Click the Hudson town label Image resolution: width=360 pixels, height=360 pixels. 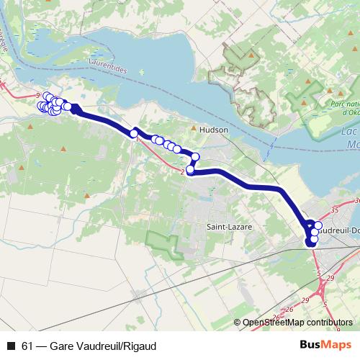(x=214, y=130)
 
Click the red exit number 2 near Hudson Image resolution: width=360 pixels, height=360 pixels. (x=183, y=172)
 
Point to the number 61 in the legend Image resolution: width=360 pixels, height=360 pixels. (x=27, y=346)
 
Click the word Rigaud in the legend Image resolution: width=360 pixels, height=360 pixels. (x=140, y=346)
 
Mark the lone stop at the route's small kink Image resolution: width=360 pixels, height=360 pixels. (x=134, y=133)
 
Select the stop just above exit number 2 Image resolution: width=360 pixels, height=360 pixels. (x=191, y=170)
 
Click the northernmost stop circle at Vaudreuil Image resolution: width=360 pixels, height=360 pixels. (x=318, y=225)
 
